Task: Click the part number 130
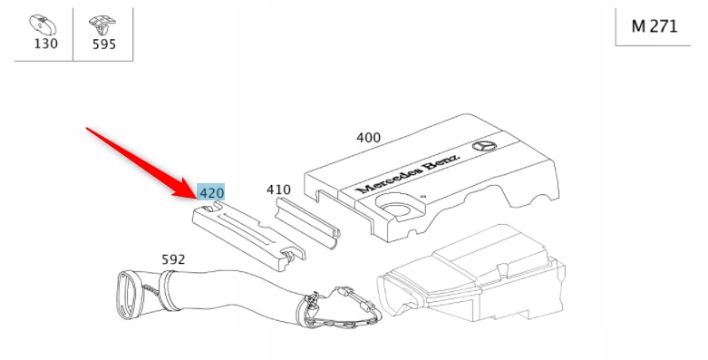46,44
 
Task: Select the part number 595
104,44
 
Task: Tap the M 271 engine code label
655,26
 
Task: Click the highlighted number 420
211,193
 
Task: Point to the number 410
278,190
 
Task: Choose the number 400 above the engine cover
368,138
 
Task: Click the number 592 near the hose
173,259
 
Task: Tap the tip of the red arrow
197,197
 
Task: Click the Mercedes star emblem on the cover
484,146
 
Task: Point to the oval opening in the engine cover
396,209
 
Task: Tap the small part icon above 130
43,25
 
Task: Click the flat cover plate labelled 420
247,236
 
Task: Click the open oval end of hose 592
128,296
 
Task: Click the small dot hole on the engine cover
423,197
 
